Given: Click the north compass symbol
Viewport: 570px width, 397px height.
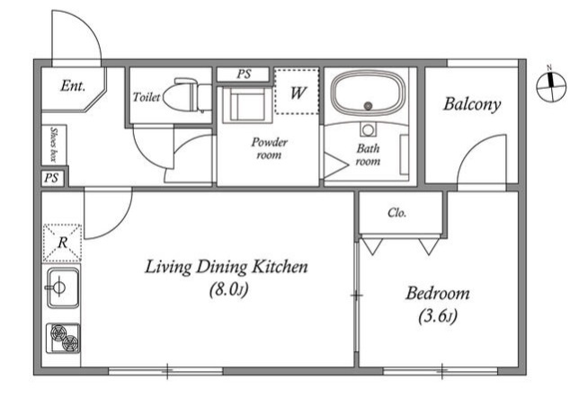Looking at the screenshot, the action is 551,87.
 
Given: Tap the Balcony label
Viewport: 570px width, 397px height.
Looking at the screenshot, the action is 471,104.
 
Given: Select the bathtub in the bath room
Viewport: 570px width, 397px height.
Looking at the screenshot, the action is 369,93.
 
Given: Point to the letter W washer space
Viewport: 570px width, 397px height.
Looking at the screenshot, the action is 297,92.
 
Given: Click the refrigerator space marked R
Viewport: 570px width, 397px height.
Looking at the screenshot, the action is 62,243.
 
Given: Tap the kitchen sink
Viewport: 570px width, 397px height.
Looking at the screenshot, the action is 63,287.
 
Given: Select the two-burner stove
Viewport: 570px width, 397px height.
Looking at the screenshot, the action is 63,338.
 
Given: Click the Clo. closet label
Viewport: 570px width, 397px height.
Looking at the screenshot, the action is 396,212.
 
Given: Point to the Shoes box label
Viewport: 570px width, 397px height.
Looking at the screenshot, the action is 54,145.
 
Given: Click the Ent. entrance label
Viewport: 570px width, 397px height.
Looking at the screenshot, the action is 73,85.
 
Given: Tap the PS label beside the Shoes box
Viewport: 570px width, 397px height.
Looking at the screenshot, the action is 51,178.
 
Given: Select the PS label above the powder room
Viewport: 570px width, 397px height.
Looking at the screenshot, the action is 244,74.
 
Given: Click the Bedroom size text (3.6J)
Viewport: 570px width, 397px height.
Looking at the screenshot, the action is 437,316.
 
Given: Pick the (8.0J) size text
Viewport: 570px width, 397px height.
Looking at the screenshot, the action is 229,289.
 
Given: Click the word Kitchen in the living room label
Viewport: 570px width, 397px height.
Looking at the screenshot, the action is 280,267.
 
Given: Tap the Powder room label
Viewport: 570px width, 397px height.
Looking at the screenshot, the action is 269,148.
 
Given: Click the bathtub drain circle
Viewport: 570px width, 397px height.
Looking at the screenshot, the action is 369,106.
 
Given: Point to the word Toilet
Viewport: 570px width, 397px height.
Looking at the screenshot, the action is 147,97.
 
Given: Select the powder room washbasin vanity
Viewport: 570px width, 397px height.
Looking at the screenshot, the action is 247,104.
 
